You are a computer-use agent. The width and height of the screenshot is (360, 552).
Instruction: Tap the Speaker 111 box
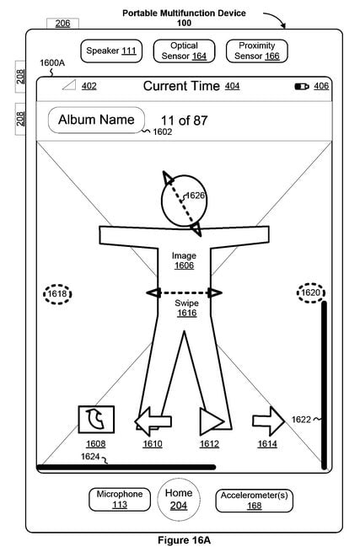pyautogui.click(x=111, y=51)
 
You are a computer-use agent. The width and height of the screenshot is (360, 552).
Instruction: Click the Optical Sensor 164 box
pyautogui.click(x=184, y=51)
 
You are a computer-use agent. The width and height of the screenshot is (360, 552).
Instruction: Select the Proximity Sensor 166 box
pyautogui.click(x=257, y=51)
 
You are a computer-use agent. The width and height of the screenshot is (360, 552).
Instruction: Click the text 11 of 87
pyautogui.click(x=185, y=121)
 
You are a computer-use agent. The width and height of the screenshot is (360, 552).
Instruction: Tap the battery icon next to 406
pyautogui.click(x=302, y=86)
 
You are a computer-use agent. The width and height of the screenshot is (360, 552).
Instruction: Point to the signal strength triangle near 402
pyautogui.click(x=69, y=85)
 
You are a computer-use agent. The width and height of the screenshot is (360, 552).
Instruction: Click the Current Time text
pyautogui.click(x=181, y=86)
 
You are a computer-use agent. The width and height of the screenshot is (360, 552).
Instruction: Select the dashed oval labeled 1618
pyautogui.click(x=57, y=294)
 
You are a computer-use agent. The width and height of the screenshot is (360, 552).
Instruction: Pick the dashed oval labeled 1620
pyautogui.click(x=311, y=293)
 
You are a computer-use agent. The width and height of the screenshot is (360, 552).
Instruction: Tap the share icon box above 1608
pyautogui.click(x=96, y=420)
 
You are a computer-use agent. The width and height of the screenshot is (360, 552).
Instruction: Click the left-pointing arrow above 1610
pyautogui.click(x=153, y=421)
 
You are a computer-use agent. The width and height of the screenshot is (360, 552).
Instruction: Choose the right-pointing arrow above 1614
pyautogui.click(x=268, y=421)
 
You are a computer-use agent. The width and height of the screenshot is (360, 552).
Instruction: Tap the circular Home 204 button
pyautogui.click(x=179, y=499)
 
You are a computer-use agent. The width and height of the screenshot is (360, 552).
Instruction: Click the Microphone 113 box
pyautogui.click(x=120, y=499)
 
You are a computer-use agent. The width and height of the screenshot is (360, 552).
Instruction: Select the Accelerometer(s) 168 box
pyautogui.click(x=254, y=501)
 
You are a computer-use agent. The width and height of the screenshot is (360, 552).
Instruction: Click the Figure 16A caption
pyautogui.click(x=184, y=540)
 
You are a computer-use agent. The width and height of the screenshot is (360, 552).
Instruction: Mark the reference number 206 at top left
pyautogui.click(x=62, y=24)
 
